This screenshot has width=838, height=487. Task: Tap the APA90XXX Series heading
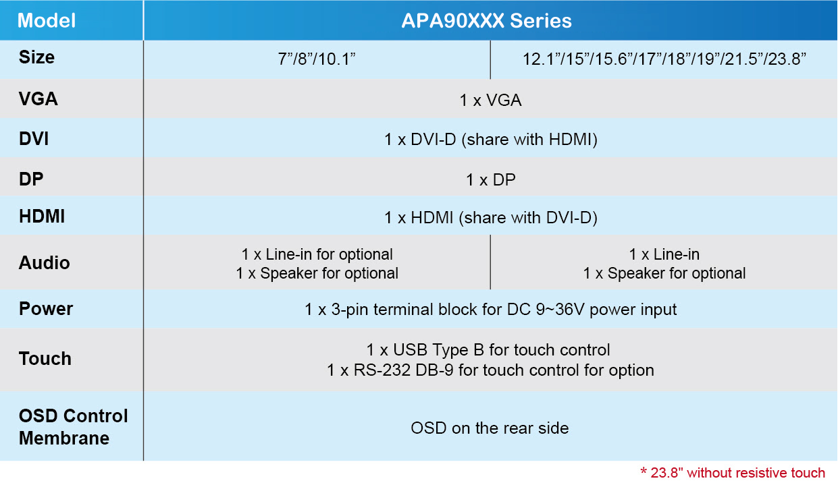tap(486, 20)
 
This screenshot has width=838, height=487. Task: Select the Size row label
tap(36, 57)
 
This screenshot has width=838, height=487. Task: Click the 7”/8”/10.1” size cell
tap(317, 59)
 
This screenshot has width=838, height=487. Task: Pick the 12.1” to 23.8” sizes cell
tap(664, 59)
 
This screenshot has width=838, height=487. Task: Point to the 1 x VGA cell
tap(490, 101)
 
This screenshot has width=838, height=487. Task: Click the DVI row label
tap(34, 139)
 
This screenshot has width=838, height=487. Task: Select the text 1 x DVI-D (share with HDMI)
tap(491, 140)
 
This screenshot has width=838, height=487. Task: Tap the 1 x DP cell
tap(491, 180)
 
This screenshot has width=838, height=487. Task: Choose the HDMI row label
tap(42, 217)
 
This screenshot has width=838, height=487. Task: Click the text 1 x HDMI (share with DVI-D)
tap(491, 217)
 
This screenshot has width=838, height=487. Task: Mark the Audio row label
tap(44, 262)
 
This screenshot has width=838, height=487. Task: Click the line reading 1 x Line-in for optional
tap(317, 254)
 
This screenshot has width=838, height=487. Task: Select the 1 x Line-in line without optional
tap(664, 254)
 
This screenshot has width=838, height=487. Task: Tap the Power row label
tap(46, 309)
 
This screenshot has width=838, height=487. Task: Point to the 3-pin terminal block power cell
tap(490, 310)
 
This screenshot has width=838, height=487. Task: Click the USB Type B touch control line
tap(488, 350)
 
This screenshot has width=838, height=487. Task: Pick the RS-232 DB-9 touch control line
tap(490, 370)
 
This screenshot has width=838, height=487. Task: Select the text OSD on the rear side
tap(490, 428)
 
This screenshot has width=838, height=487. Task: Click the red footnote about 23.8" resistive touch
tap(733, 473)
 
